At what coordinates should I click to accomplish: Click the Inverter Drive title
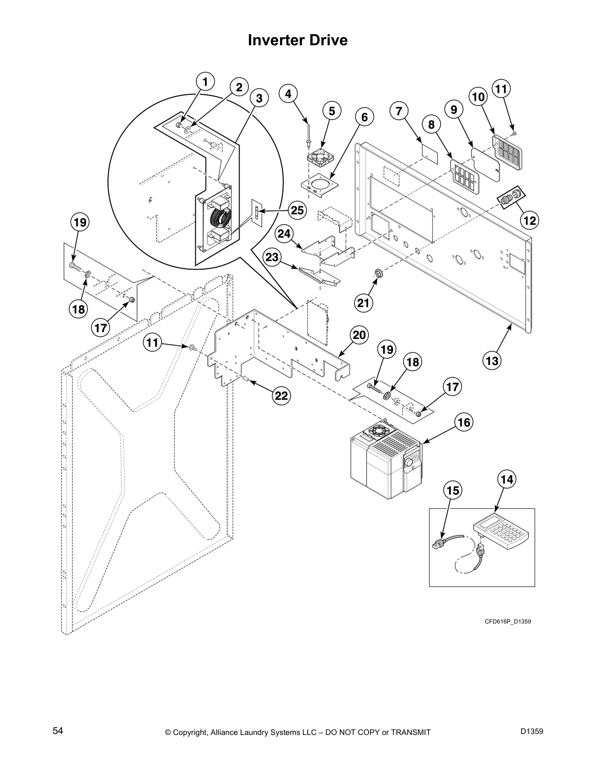(298, 40)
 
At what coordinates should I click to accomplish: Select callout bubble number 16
(465, 422)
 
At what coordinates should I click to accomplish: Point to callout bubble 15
(453, 490)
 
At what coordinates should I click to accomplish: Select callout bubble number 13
(492, 361)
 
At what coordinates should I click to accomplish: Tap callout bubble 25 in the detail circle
(296, 210)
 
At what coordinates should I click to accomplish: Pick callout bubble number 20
(359, 335)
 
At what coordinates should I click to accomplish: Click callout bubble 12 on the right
(530, 220)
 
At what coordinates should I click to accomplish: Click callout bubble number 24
(284, 234)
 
